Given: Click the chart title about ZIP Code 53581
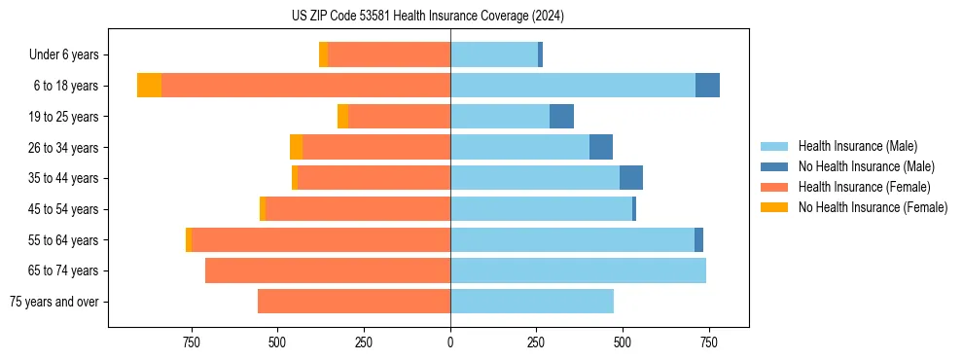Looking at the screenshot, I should pyautogui.click(x=428, y=16).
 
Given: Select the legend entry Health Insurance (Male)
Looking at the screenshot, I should pyautogui.click(x=857, y=146).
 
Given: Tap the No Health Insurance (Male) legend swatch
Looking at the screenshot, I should pyautogui.click(x=775, y=166).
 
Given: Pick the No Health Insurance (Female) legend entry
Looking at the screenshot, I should pyautogui.click(x=873, y=207).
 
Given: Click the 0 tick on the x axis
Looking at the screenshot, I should pyautogui.click(x=450, y=342).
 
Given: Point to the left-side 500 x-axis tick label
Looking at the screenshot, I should pyautogui.click(x=278, y=342).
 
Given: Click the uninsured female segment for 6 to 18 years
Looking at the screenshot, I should pyautogui.click(x=149, y=86).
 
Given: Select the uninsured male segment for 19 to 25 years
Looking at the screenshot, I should pyautogui.click(x=561, y=117).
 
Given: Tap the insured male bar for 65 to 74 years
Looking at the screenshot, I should pyautogui.click(x=578, y=270).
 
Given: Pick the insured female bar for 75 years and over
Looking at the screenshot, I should pyautogui.click(x=354, y=302).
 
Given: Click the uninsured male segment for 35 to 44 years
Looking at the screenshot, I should pyautogui.click(x=631, y=178).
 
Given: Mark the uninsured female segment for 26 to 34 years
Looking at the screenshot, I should pyautogui.click(x=296, y=147).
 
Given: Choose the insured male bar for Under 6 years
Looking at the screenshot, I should pyautogui.click(x=494, y=54).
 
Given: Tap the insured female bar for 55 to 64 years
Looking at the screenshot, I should pyautogui.click(x=321, y=240).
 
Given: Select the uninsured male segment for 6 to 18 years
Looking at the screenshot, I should pyautogui.click(x=707, y=86).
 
